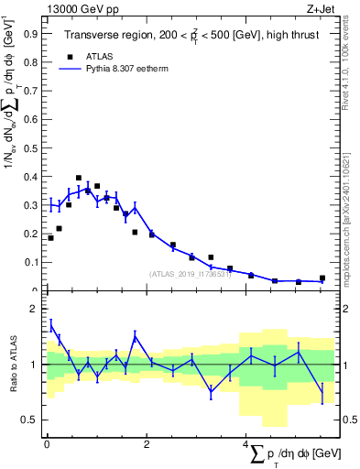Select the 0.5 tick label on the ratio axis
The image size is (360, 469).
[29, 420]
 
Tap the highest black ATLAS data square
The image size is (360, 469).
[79, 178]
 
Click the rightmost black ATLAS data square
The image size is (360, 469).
[322, 278]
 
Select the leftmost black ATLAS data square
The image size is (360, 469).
[50, 238]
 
